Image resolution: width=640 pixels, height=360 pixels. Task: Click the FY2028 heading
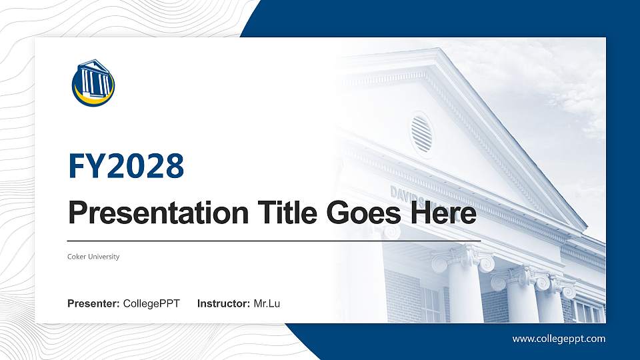126,167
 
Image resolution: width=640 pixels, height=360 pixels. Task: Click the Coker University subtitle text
93,257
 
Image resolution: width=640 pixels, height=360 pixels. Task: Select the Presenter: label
93,304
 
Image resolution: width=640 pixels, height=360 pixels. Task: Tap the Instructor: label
224,304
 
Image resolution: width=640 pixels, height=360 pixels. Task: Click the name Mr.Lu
267,304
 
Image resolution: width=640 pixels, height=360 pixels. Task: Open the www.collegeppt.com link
559,339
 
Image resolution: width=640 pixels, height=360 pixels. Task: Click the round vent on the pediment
421,133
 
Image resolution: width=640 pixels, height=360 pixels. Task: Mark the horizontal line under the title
274,240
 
